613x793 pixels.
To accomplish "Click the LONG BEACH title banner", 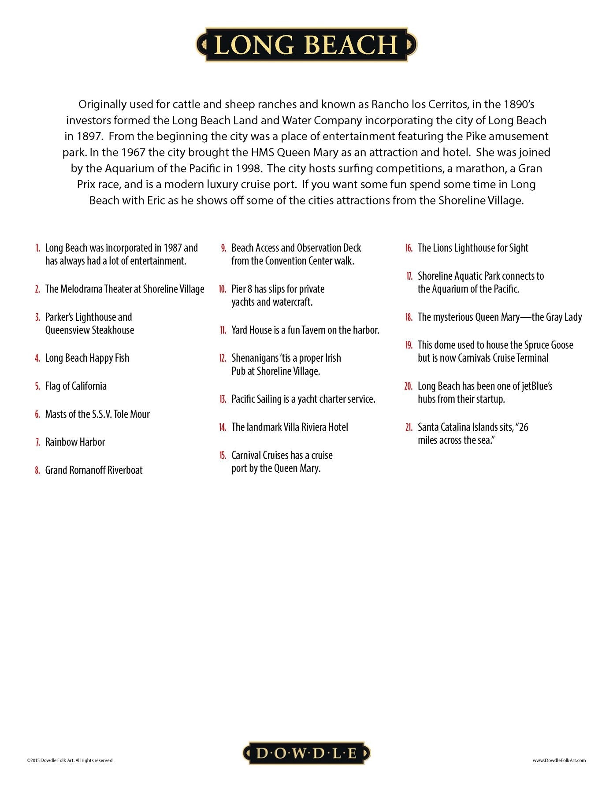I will (x=306, y=44).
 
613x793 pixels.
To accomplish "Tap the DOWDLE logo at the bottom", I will (x=306, y=753).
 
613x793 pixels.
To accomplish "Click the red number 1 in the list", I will (x=38, y=248).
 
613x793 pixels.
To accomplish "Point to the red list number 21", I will (x=409, y=427).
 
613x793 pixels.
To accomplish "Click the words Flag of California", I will (x=76, y=386).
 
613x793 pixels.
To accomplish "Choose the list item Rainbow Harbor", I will (x=75, y=442).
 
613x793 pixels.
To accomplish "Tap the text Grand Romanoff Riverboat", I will (x=94, y=471).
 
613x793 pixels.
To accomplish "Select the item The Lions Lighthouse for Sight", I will (x=473, y=248).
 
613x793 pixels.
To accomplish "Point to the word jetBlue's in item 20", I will (x=537, y=386).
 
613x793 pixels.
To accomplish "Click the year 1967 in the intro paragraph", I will (x=134, y=152).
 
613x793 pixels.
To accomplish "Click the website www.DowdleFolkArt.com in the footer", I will (x=559, y=760).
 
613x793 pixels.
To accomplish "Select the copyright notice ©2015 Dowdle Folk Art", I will (x=70, y=760).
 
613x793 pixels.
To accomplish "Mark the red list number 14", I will (x=223, y=427).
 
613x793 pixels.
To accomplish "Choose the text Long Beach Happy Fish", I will (x=87, y=358).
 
